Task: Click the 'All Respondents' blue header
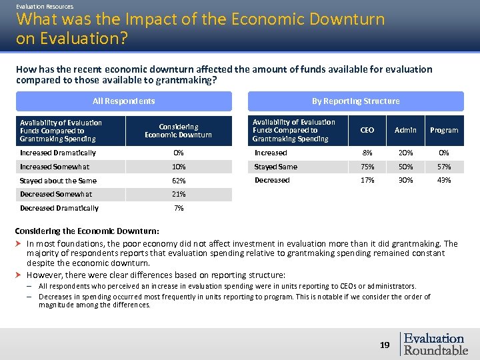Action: click(123, 101)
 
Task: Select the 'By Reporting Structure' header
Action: click(355, 101)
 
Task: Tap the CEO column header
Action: click(367, 130)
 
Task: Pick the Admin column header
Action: click(405, 130)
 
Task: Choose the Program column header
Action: click(444, 130)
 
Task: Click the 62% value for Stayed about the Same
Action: click(178, 181)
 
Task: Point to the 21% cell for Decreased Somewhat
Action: click(178, 194)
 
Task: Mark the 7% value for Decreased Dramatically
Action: click(178, 208)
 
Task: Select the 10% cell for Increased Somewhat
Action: click(178, 167)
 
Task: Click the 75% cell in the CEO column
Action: click(367, 167)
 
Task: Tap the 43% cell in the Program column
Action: click(444, 180)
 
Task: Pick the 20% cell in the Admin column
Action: click(405, 153)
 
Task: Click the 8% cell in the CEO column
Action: click(367, 153)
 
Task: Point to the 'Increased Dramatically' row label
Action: click(58, 153)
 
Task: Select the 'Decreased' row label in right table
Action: click(272, 180)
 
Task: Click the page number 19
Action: click(384, 345)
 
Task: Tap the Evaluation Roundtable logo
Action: click(434, 344)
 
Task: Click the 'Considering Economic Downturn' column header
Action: click(178, 131)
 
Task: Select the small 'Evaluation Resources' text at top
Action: click(45, 6)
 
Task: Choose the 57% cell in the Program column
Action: click(444, 167)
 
